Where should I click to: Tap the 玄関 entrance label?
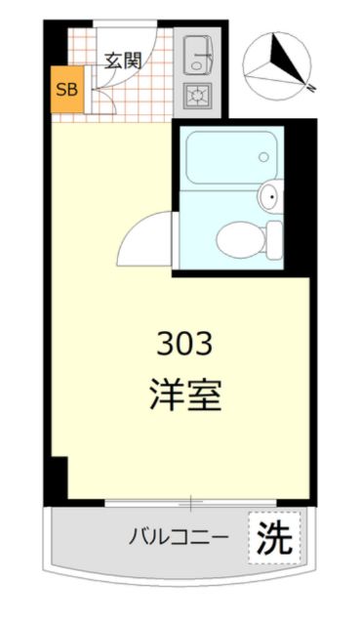(x=124, y=60)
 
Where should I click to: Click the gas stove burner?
(x=201, y=96)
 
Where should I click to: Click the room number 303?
(x=184, y=345)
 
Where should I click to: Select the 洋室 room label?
(x=184, y=394)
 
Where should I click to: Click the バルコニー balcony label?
(x=179, y=536)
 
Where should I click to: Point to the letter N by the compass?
(x=309, y=87)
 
